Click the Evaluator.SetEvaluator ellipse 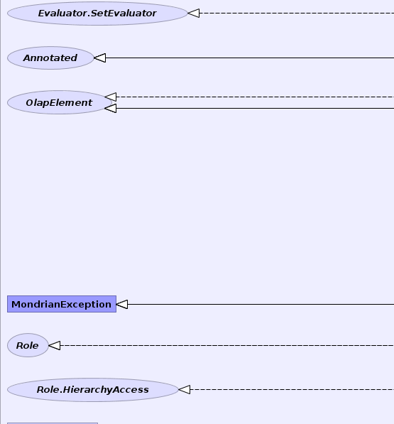coord(97,13)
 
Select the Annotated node coord(50,58)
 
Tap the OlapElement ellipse coord(60,102)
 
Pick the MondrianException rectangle coord(62,304)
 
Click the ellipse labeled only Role coord(28,345)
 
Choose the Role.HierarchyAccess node coord(93,390)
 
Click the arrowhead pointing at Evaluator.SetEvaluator coord(194,13)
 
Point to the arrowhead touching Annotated coord(99,58)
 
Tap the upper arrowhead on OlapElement coord(111,97)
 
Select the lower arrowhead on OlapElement coord(111,109)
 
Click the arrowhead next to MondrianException coord(122,304)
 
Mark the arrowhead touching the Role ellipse coord(55,345)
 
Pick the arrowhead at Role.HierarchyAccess coord(185,390)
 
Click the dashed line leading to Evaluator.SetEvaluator coord(297,13)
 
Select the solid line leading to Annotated coord(250,58)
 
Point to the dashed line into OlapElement coord(255,97)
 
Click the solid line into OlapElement coord(255,109)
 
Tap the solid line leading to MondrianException coord(261,304)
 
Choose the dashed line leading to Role coord(227,345)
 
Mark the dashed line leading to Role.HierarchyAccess coord(292,390)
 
